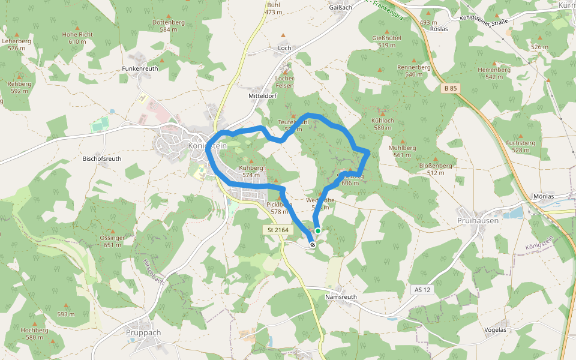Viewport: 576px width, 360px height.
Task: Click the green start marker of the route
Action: pos(317,231)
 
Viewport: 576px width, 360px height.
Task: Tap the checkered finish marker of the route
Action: pos(313,244)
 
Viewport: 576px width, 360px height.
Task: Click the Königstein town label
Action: pos(207,145)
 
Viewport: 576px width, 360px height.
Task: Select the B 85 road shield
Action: pos(450,88)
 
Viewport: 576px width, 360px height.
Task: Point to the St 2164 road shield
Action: pos(278,230)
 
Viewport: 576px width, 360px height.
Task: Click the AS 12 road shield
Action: pos(422,290)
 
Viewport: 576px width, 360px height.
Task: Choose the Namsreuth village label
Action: pos(340,297)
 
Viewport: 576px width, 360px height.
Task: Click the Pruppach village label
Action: pos(144,332)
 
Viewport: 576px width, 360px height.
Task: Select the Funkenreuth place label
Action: pos(140,68)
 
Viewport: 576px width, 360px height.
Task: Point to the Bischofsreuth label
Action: pos(102,159)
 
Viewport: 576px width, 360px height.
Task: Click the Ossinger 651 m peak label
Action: pos(113,241)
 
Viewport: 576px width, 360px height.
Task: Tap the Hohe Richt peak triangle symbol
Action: pos(77,27)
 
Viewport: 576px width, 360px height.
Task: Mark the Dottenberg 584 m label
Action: pos(169,25)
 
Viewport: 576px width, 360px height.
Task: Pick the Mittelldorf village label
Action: pos(262,95)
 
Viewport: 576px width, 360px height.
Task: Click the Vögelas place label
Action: pos(495,329)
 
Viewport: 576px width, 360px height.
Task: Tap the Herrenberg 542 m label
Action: pos(494,73)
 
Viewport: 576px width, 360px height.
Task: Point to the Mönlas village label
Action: pos(543,196)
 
